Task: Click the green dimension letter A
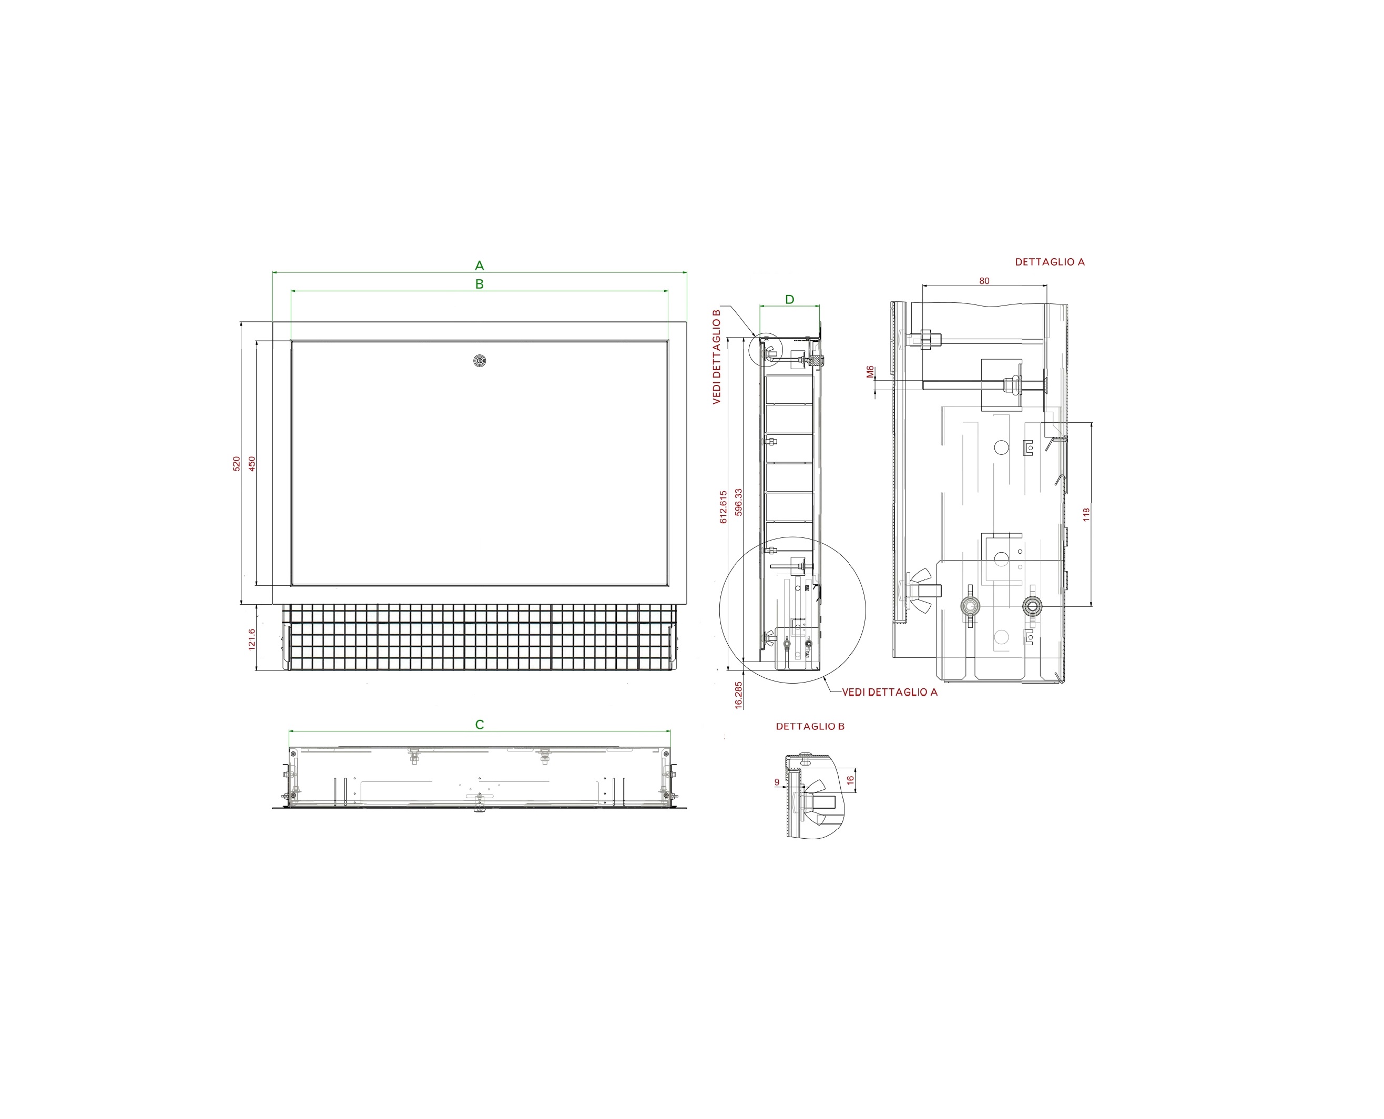click(479, 266)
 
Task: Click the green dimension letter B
click(479, 284)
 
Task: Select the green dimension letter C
click(479, 725)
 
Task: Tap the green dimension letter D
click(790, 300)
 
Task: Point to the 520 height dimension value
click(237, 463)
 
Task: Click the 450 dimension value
click(252, 463)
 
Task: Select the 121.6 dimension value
click(252, 639)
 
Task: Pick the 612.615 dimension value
click(723, 506)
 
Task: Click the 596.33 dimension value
click(739, 502)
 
